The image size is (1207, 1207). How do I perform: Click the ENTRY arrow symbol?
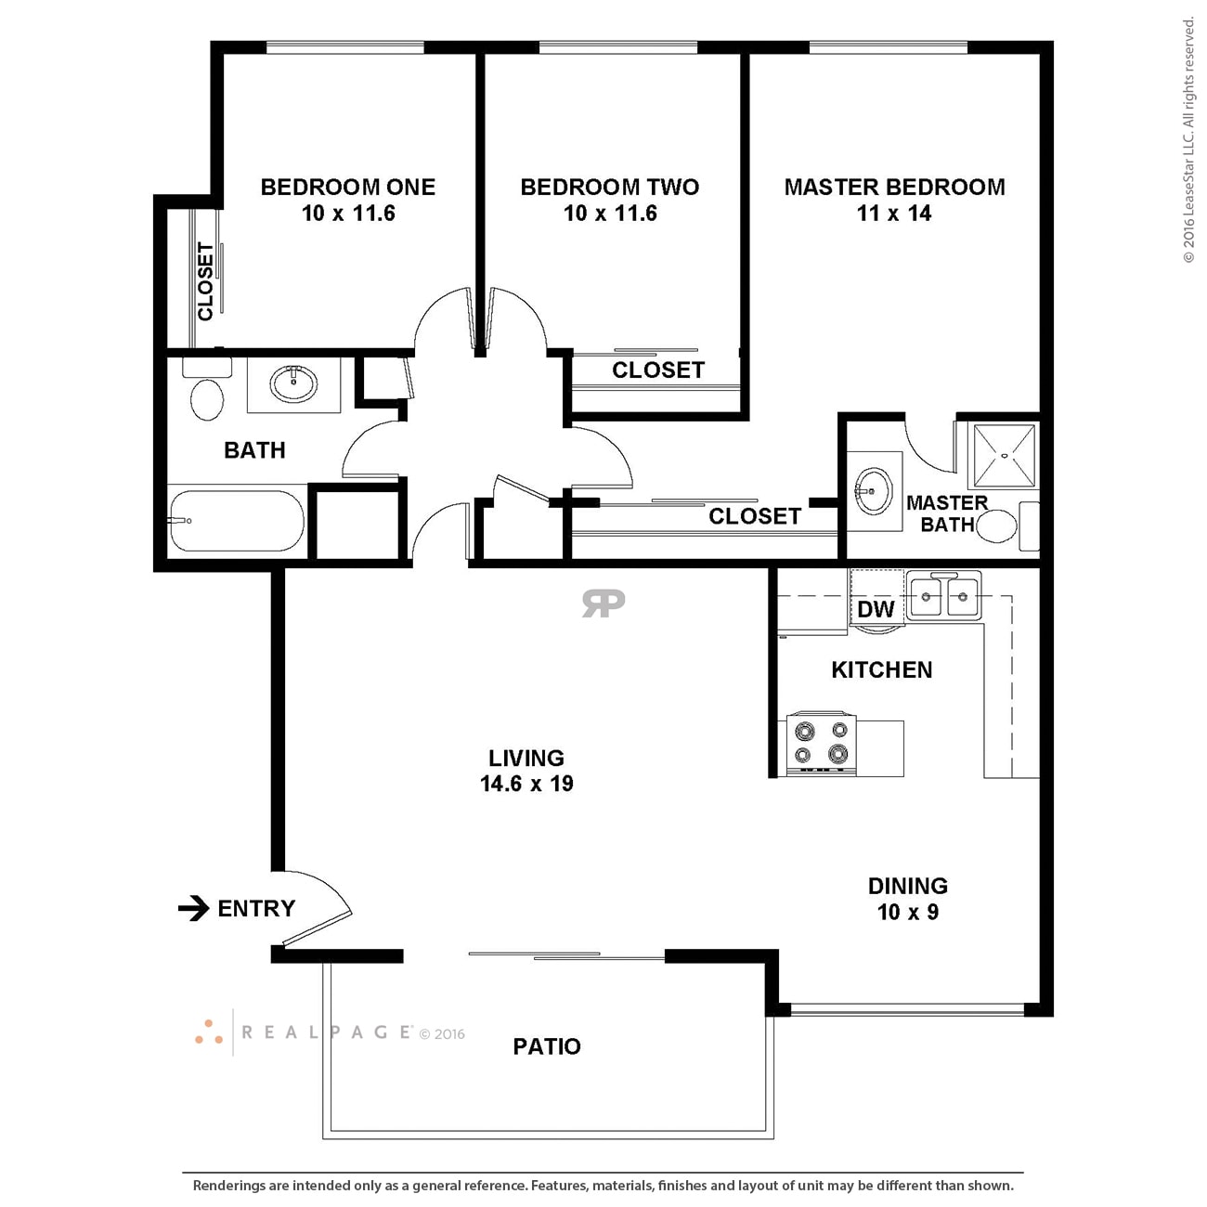(x=193, y=908)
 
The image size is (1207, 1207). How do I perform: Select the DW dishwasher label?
(x=875, y=609)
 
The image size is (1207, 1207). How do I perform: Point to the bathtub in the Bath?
(x=237, y=521)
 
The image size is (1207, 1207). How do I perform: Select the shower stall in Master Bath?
(x=1003, y=456)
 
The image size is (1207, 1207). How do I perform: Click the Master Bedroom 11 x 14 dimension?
(x=893, y=214)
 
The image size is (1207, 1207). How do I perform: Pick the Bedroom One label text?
(x=347, y=187)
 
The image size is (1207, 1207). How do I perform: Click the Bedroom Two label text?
(x=609, y=187)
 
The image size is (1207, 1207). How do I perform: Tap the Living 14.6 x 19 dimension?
(x=526, y=784)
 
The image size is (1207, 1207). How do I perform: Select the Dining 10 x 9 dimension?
(x=907, y=912)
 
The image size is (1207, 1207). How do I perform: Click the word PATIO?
(x=547, y=1046)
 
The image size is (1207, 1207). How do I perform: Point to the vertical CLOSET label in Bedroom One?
(x=205, y=281)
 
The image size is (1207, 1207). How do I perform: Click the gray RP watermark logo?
(x=603, y=603)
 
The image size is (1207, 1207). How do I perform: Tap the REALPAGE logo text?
(x=327, y=1032)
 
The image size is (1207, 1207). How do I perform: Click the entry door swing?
(x=320, y=905)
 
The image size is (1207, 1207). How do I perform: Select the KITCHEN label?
(x=881, y=669)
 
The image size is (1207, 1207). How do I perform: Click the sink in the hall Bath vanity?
(x=292, y=382)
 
